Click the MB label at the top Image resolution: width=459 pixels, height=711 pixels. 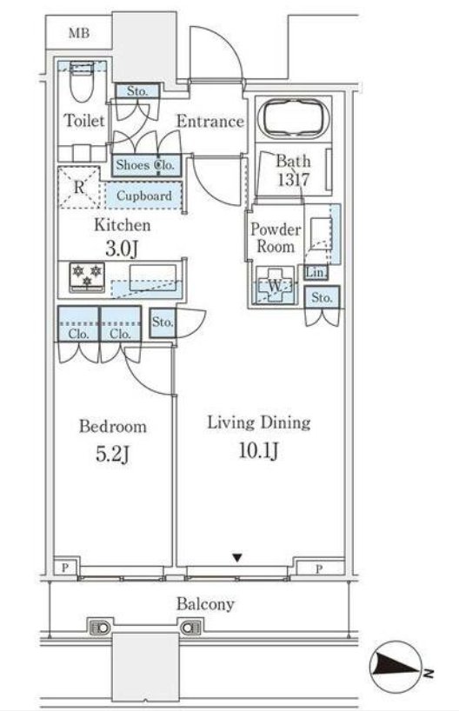pyautogui.click(x=79, y=33)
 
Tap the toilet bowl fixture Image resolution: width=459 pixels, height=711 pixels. pyautogui.click(x=82, y=82)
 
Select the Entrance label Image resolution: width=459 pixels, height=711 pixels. pyautogui.click(x=210, y=121)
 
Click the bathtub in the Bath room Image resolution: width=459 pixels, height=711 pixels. pyautogui.click(x=294, y=118)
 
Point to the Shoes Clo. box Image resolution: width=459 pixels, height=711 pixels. pyautogui.click(x=146, y=165)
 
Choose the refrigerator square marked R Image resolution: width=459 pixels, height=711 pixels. pyautogui.click(x=79, y=187)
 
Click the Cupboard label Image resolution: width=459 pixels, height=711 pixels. pyautogui.click(x=143, y=196)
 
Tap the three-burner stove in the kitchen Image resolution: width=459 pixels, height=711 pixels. pyautogui.click(x=87, y=276)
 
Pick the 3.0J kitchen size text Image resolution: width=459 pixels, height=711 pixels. pyautogui.click(x=121, y=249)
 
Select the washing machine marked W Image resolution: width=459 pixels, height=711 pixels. pyautogui.click(x=275, y=286)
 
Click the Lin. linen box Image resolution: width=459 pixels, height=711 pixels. pyautogui.click(x=316, y=273)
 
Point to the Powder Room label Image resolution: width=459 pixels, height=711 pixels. pyautogui.click(x=275, y=237)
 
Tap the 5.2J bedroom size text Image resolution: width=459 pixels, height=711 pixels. pyautogui.click(x=112, y=454)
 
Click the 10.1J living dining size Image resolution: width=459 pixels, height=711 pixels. pyautogui.click(x=258, y=451)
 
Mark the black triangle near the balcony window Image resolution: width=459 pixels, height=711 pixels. pyautogui.click(x=237, y=557)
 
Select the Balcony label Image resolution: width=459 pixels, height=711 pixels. pyautogui.click(x=205, y=604)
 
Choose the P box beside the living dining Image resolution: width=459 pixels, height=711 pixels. pyautogui.click(x=319, y=568)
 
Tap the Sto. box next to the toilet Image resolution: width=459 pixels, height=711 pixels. pyautogui.click(x=137, y=91)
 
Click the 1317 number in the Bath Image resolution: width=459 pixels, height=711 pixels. pyautogui.click(x=294, y=180)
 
